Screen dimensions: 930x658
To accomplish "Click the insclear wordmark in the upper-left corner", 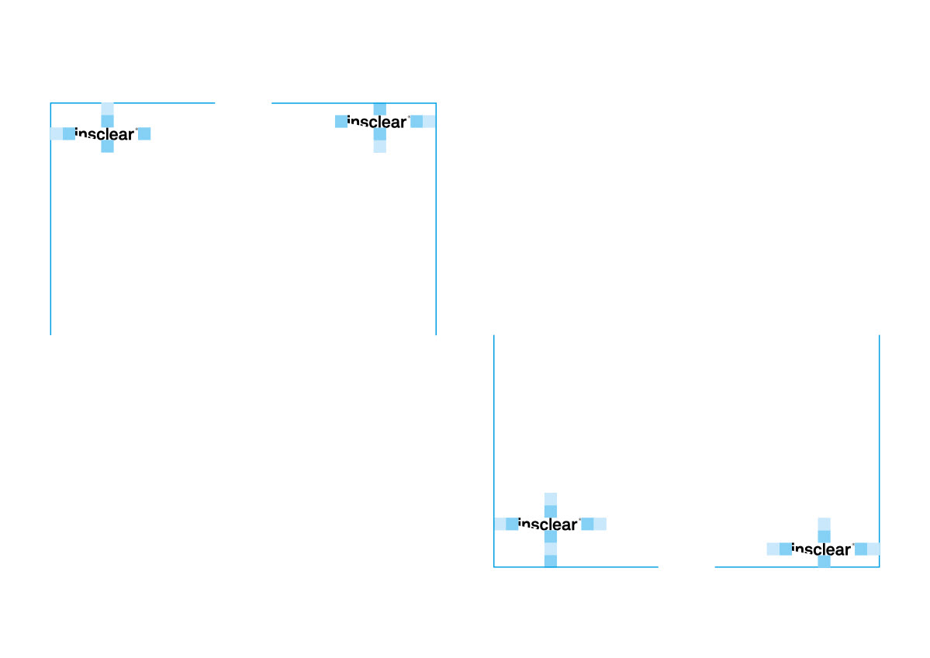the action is tap(105, 134).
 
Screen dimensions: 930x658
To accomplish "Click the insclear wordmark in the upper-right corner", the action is tap(377, 122).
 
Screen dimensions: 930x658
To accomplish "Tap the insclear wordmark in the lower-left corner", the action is tap(548, 525).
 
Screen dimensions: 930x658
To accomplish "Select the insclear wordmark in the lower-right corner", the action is tap(821, 550).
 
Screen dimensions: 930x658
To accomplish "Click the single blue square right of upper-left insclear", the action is tap(144, 133).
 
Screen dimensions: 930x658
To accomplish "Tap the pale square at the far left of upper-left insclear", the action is tap(56, 133).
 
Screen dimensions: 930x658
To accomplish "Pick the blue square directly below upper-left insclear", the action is tap(108, 147).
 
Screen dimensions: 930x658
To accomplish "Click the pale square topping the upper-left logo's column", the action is tap(108, 109).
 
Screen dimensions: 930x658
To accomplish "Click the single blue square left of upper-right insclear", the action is tap(341, 121).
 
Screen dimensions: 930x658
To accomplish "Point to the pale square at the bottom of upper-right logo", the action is tap(379, 147).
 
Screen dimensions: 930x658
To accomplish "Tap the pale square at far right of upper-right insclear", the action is tap(429, 121).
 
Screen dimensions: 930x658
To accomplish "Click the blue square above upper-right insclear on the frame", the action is tap(379, 109).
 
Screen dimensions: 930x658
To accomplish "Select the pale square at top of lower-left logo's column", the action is tap(551, 498).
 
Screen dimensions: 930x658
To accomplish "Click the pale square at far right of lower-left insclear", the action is tap(600, 524).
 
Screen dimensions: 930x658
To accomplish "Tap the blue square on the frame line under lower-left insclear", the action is tap(551, 561).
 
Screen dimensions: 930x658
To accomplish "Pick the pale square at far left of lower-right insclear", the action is tap(773, 549).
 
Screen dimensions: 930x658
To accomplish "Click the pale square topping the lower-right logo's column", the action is tap(824, 524).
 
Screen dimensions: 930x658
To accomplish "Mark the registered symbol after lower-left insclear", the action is tap(579, 520).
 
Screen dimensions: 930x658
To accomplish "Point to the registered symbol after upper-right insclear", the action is tap(409, 117).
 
